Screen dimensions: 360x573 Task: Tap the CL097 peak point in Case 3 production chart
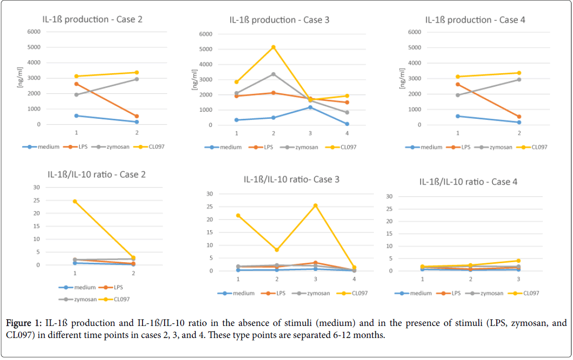click(x=273, y=47)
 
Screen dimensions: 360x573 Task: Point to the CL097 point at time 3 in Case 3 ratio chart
click(x=316, y=206)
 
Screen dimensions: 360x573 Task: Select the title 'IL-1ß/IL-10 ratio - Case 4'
click(x=469, y=182)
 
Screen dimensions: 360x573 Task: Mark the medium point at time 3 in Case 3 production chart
click(x=310, y=107)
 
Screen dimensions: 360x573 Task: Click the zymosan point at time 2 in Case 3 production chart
click(x=273, y=74)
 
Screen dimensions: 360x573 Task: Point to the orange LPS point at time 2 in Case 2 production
click(x=136, y=116)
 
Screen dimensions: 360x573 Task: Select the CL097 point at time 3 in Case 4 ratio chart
click(x=518, y=261)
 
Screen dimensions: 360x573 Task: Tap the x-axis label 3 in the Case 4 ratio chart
click(x=518, y=279)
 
